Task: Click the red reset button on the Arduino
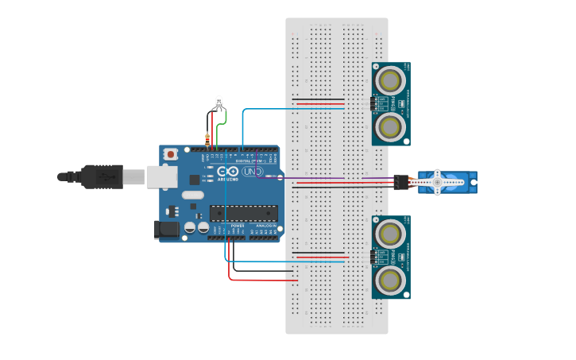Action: point(171,154)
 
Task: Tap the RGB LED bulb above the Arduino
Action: point(219,103)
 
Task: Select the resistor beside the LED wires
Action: point(207,140)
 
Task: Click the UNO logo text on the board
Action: point(252,172)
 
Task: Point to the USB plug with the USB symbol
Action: point(102,176)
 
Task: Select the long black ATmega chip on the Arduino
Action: point(244,213)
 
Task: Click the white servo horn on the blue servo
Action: point(436,182)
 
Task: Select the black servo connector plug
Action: point(400,182)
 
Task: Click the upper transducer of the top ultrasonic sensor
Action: point(389,80)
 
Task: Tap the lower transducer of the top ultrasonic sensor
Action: point(389,126)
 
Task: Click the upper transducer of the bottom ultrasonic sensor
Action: point(389,233)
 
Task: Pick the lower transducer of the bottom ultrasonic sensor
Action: point(389,279)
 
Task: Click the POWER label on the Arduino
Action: point(238,226)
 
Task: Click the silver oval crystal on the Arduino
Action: point(193,195)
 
